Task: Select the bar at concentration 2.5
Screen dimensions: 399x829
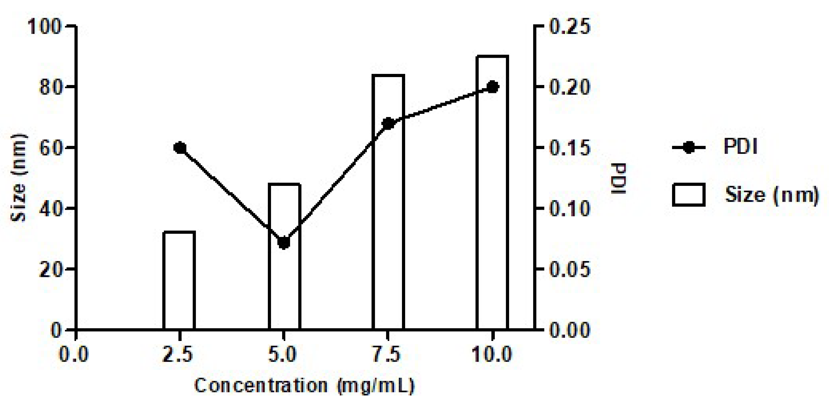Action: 179,280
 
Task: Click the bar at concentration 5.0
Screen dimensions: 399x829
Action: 284,283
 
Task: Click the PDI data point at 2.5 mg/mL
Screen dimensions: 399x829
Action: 180,148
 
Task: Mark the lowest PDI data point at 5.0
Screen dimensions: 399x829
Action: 283,243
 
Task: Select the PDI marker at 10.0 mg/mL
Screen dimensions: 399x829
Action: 492,87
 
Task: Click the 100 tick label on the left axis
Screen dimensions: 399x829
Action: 44,26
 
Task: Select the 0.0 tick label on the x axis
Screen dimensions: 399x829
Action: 74,355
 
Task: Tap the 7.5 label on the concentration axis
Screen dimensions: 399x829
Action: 387,355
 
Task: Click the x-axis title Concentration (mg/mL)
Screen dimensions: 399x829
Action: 304,385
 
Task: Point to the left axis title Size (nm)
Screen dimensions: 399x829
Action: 18,178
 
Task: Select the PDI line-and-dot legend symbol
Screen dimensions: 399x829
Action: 688,148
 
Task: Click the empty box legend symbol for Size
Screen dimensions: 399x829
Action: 689,194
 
